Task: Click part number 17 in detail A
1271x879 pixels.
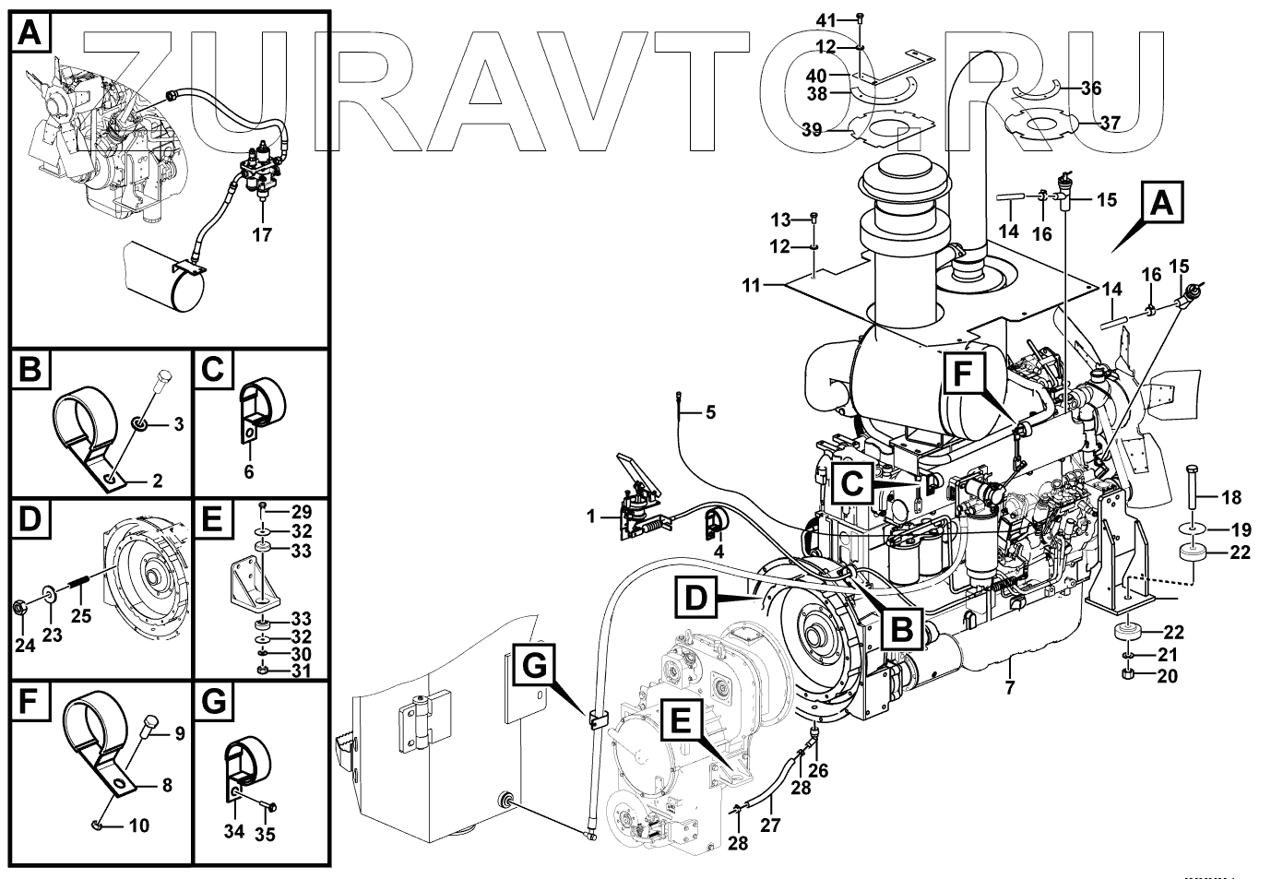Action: click(x=262, y=234)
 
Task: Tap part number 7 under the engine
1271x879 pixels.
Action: click(x=1010, y=687)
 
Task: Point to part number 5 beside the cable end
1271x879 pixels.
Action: click(x=709, y=412)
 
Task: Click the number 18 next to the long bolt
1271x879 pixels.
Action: click(x=1231, y=498)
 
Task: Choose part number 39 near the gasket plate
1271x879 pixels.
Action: click(x=812, y=131)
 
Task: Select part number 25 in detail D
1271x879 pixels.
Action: click(x=82, y=615)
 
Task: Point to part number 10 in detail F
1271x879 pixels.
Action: click(x=139, y=826)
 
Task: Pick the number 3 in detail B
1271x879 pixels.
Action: click(x=179, y=424)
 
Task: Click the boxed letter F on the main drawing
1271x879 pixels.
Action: click(x=963, y=375)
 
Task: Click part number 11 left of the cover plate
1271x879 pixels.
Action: click(x=753, y=286)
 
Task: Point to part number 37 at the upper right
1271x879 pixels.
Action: click(x=1110, y=122)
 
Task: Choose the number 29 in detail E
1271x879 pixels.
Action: click(x=302, y=512)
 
